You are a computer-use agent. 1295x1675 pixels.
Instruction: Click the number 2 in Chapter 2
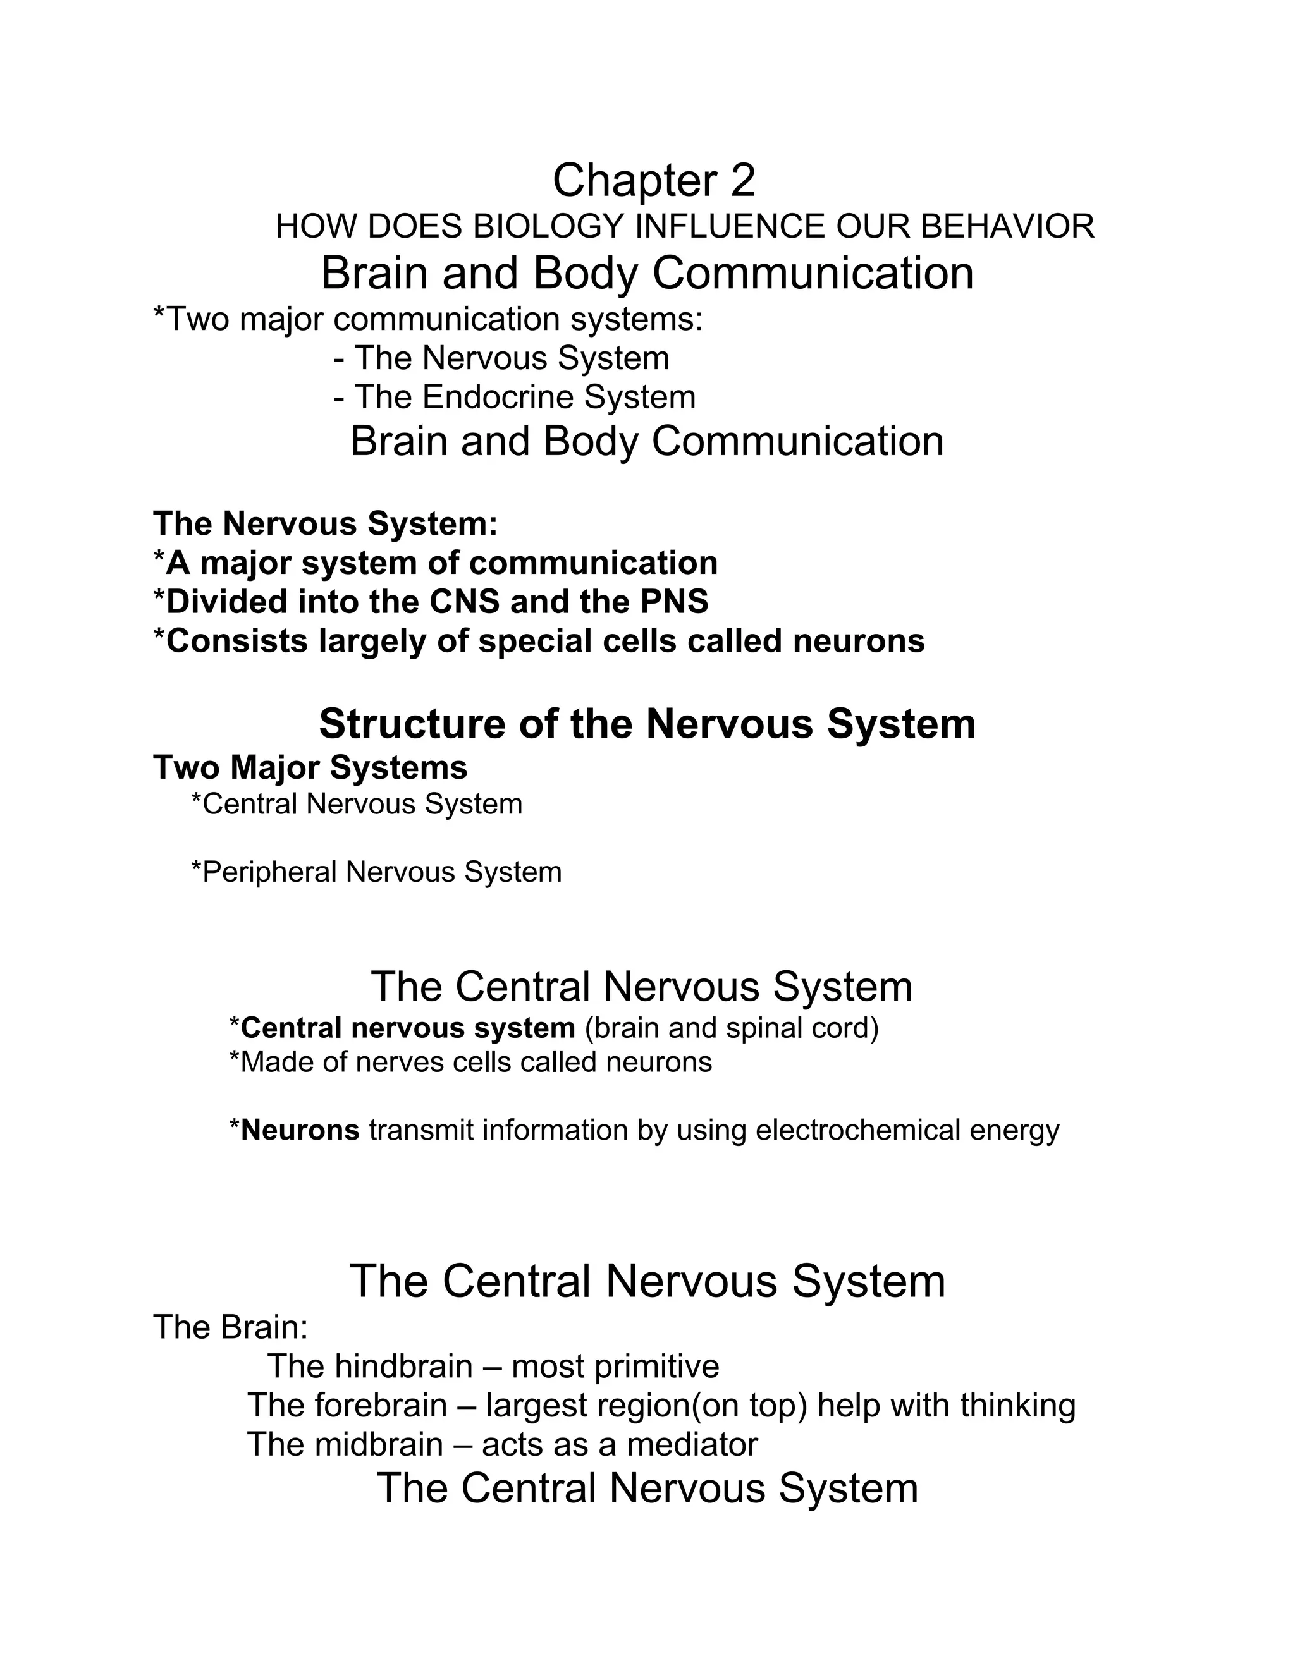coord(742,181)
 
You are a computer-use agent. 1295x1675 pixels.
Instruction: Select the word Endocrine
coord(497,398)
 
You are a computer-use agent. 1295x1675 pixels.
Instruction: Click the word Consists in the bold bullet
coord(236,641)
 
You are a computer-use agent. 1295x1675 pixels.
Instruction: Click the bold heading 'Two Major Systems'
coord(310,768)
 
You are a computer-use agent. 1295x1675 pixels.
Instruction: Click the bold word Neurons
coord(300,1130)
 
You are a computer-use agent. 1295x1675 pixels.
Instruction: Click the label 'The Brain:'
coord(230,1327)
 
